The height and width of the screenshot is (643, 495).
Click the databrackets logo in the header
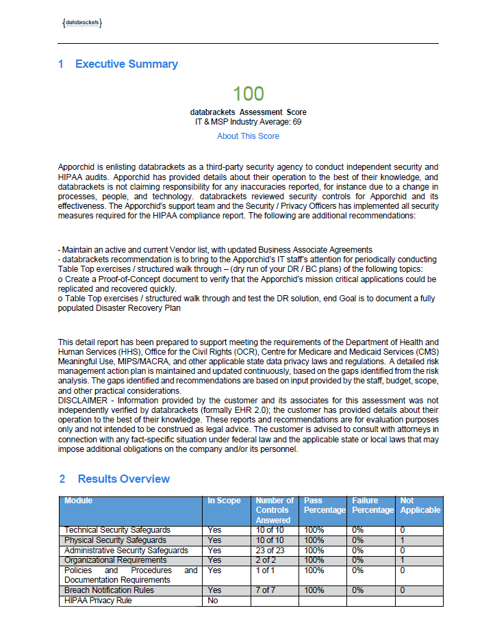tap(82, 23)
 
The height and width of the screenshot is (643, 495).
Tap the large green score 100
tap(248, 94)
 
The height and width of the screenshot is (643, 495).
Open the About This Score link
tap(248, 136)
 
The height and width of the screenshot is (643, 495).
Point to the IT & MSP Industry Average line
tap(248, 122)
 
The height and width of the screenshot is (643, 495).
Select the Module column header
tap(78, 501)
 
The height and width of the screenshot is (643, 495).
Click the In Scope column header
tap(225, 501)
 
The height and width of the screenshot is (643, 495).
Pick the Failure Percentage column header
tap(373, 505)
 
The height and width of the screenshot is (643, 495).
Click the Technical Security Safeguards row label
tap(117, 531)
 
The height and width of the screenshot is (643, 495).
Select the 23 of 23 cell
tap(268, 551)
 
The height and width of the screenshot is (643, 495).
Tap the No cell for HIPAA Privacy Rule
tap(213, 601)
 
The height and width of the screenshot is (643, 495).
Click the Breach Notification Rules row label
tap(109, 590)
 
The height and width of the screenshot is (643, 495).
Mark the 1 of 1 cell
tap(264, 570)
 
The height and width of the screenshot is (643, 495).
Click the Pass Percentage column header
tap(325, 505)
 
